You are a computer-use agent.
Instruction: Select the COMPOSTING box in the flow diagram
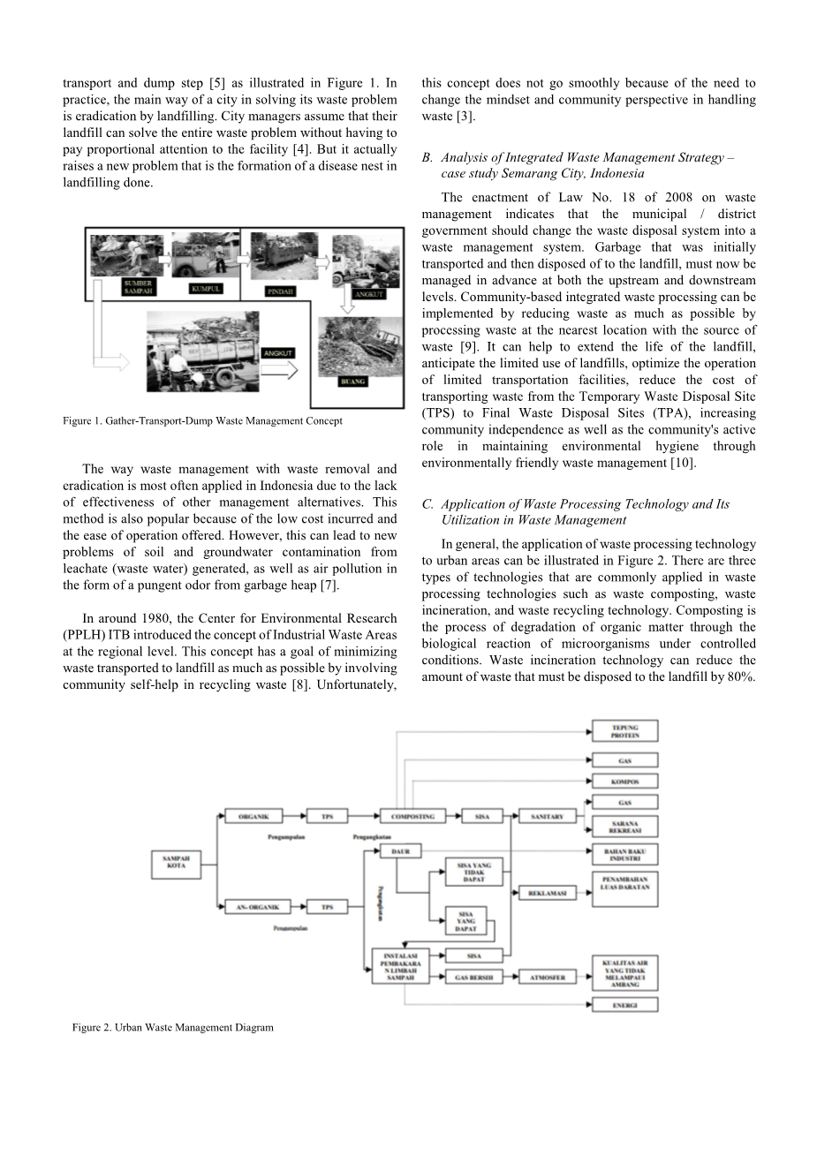click(x=412, y=817)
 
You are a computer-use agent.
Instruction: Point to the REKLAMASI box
click(x=547, y=893)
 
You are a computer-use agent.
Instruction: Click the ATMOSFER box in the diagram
click(x=548, y=977)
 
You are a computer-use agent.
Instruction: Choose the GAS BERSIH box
click(x=474, y=977)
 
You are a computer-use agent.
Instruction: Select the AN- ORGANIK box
click(x=260, y=907)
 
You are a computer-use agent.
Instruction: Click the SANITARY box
click(x=547, y=817)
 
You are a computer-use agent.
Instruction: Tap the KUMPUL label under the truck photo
click(x=205, y=288)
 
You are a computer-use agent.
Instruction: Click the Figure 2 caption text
click(x=172, y=1027)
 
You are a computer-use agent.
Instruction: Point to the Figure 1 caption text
click(x=202, y=420)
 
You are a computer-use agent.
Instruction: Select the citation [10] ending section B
click(x=682, y=463)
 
